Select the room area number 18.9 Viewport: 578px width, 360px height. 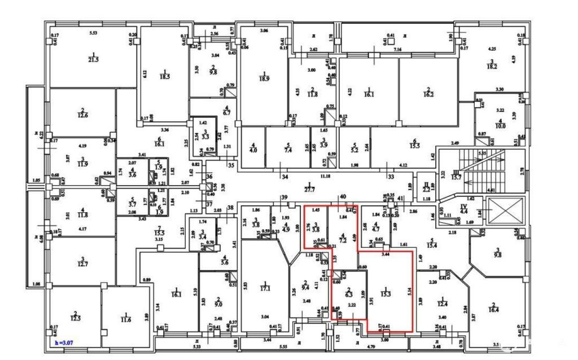(263, 78)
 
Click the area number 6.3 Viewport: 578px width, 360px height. (349, 293)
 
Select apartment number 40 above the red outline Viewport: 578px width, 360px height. (343, 196)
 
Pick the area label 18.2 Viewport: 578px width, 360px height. (492, 66)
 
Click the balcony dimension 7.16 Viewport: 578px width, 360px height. (397, 50)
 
